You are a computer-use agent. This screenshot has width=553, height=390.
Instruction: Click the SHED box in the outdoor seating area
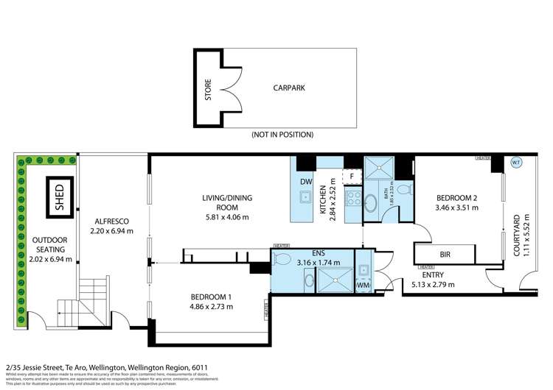tap(60, 196)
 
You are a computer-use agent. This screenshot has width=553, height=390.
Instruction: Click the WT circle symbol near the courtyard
tap(515, 163)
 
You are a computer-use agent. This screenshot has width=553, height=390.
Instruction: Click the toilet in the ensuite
tap(283, 258)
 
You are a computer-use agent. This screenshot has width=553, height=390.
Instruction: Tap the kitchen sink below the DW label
tap(305, 196)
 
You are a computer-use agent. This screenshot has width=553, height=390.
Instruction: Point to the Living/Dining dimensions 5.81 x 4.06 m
tap(226, 217)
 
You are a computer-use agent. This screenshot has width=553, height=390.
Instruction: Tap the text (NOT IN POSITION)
tap(283, 135)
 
